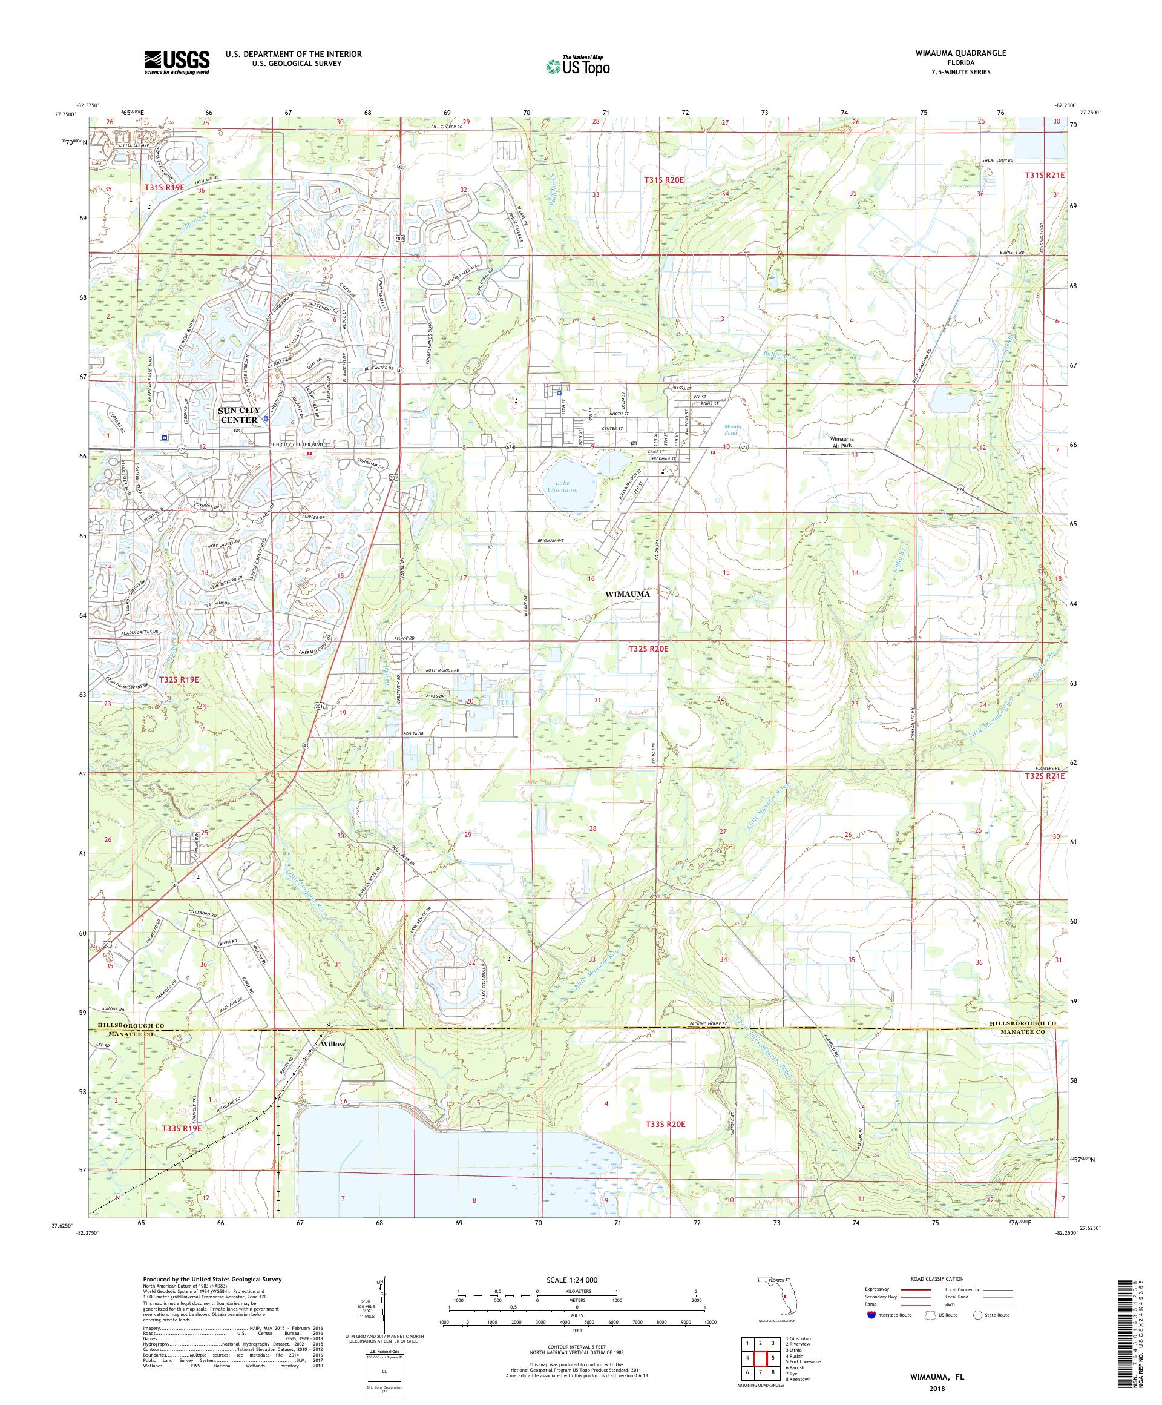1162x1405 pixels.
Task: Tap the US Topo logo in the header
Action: pyautogui.click(x=579, y=65)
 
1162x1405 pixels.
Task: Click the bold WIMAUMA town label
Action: pyautogui.click(x=627, y=593)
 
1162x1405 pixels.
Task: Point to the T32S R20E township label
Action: pyautogui.click(x=648, y=649)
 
